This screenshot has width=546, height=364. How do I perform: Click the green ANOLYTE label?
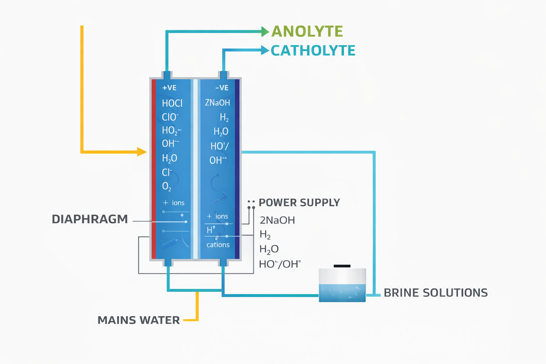(x=307, y=31)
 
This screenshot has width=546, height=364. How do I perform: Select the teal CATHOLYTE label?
(x=313, y=50)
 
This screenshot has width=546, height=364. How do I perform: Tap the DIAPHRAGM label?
(x=90, y=219)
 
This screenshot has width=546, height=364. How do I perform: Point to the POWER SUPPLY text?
(x=299, y=203)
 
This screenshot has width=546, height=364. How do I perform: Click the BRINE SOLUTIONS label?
(x=435, y=293)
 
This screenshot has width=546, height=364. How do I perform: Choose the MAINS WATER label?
(x=139, y=320)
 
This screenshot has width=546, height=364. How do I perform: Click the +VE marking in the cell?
(x=169, y=88)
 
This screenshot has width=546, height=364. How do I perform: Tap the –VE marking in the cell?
(x=222, y=88)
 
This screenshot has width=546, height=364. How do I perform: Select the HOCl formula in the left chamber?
(x=172, y=103)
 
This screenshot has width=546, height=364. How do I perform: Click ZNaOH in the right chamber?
(x=217, y=103)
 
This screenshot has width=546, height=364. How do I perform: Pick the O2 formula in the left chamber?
(x=166, y=186)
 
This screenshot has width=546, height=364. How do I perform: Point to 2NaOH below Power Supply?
(x=277, y=220)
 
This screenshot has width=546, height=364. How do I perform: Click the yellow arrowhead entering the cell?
(x=142, y=152)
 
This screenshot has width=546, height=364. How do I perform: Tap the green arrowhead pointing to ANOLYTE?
(x=265, y=32)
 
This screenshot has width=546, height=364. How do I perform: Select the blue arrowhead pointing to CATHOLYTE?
(x=265, y=50)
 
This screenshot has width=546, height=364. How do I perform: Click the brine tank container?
(x=342, y=285)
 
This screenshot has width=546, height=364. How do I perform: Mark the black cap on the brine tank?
(x=342, y=266)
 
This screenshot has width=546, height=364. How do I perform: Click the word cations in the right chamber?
(x=218, y=245)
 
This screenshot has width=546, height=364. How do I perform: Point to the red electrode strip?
(x=154, y=169)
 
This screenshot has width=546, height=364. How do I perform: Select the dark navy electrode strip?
(x=237, y=169)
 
